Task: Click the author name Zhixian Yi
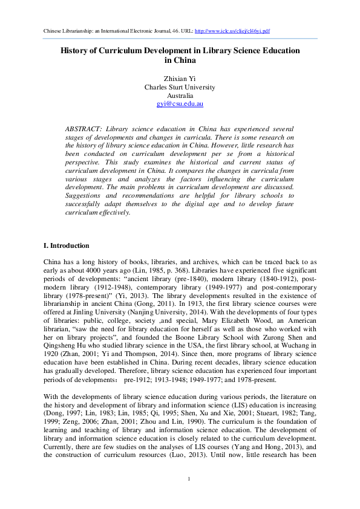[180, 78]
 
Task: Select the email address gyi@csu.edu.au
[180, 104]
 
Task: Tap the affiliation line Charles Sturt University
[180, 86]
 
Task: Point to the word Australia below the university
[180, 96]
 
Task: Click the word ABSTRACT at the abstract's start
[83, 129]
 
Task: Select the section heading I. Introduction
[66, 246]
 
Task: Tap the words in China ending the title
[180, 60]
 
